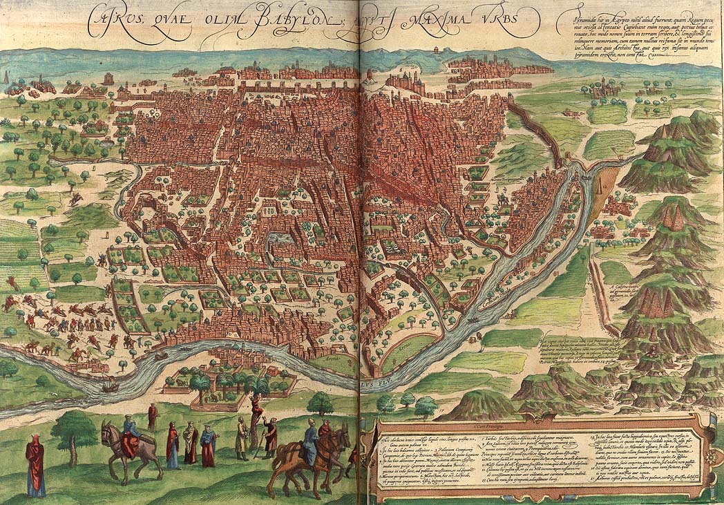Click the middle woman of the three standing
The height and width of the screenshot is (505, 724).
(x=190, y=443)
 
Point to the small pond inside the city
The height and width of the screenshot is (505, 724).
(x=280, y=239)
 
